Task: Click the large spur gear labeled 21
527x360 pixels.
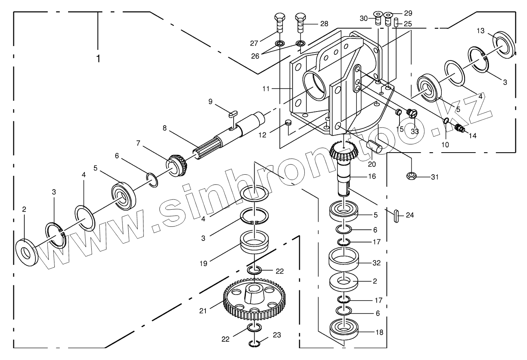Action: click(x=253, y=300)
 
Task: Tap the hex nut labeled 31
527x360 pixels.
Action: click(x=412, y=176)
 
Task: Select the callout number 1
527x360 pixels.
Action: click(x=99, y=59)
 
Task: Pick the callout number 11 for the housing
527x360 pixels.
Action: click(x=266, y=89)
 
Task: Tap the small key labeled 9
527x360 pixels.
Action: click(x=234, y=113)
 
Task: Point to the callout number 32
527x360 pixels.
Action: click(x=376, y=263)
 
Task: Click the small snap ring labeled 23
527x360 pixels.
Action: click(x=255, y=344)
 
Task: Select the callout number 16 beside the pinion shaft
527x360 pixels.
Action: click(x=372, y=176)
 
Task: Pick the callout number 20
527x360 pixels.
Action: click(x=372, y=164)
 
